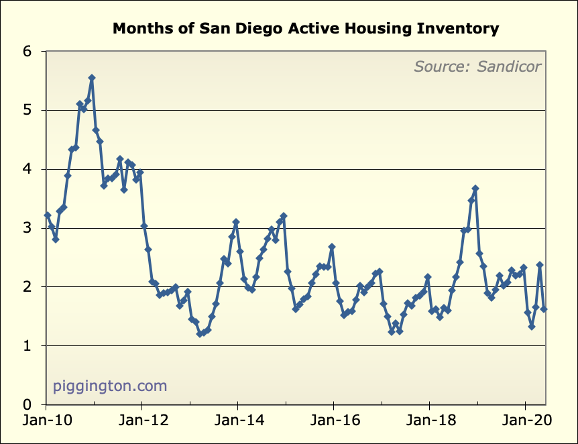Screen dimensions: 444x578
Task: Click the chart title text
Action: point(306,29)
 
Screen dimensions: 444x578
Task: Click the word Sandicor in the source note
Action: point(510,66)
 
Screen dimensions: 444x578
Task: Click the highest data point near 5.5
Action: point(92,78)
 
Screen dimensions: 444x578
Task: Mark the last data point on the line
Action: point(544,309)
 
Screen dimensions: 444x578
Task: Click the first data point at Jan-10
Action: point(47,215)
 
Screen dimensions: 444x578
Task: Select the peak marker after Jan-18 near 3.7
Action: point(475,188)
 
